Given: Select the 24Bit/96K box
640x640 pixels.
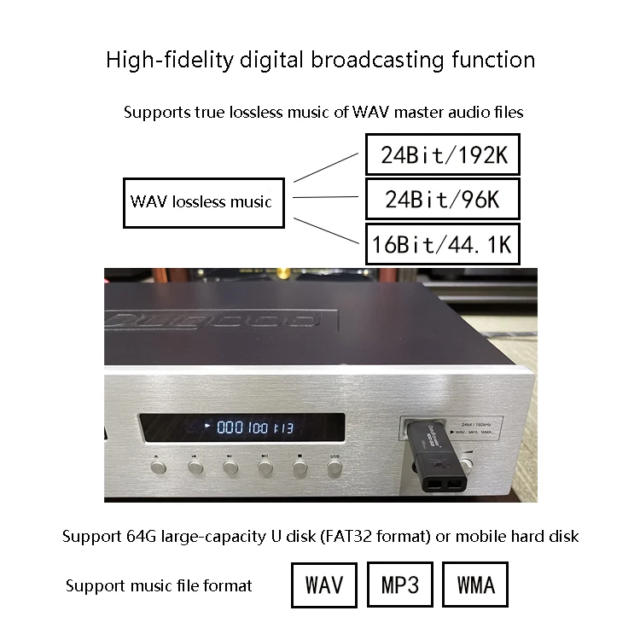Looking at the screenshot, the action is coord(442,200).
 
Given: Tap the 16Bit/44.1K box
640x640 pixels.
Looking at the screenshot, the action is coord(442,245).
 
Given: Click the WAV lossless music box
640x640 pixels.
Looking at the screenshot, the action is coord(201,202).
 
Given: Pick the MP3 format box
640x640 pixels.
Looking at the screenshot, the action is coord(399,585).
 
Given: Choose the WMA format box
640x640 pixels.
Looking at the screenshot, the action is coord(476,585).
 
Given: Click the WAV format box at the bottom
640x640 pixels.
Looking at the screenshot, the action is coord(323,585).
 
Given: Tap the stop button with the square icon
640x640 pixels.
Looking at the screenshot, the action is coord(300,467).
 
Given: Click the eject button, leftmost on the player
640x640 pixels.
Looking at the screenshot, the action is coord(159,468).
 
